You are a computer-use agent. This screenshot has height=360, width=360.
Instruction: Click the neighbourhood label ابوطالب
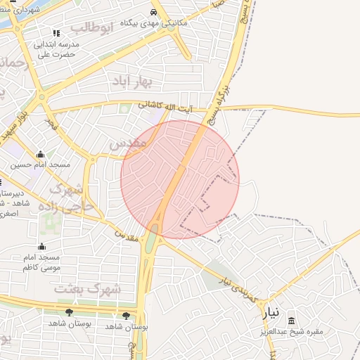[x=92, y=28]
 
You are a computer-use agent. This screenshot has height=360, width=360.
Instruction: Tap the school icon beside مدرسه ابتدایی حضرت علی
[x=56, y=33]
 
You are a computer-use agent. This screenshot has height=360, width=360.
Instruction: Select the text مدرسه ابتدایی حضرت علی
[x=59, y=49]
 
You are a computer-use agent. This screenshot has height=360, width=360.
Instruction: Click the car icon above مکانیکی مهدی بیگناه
[x=154, y=13]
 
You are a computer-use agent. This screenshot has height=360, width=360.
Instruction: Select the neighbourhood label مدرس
[x=128, y=143]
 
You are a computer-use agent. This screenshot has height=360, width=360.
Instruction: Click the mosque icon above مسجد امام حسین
[x=39, y=155]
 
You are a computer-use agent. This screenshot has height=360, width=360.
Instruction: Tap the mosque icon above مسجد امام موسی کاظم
[x=41, y=246]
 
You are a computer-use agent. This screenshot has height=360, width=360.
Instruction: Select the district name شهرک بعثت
[x=88, y=288]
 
